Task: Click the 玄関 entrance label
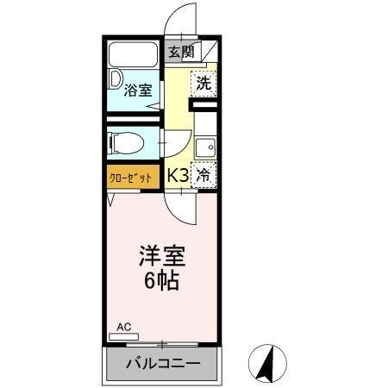coord(180,52)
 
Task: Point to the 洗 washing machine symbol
coord(203,84)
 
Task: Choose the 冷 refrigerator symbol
coord(203,174)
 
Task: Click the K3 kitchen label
coord(178,174)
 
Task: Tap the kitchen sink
coord(204,147)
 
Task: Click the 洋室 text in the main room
coord(160,257)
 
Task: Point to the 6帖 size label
coord(160,281)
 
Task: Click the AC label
coord(123,327)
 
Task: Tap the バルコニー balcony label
coord(162,363)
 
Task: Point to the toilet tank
coord(114,141)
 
